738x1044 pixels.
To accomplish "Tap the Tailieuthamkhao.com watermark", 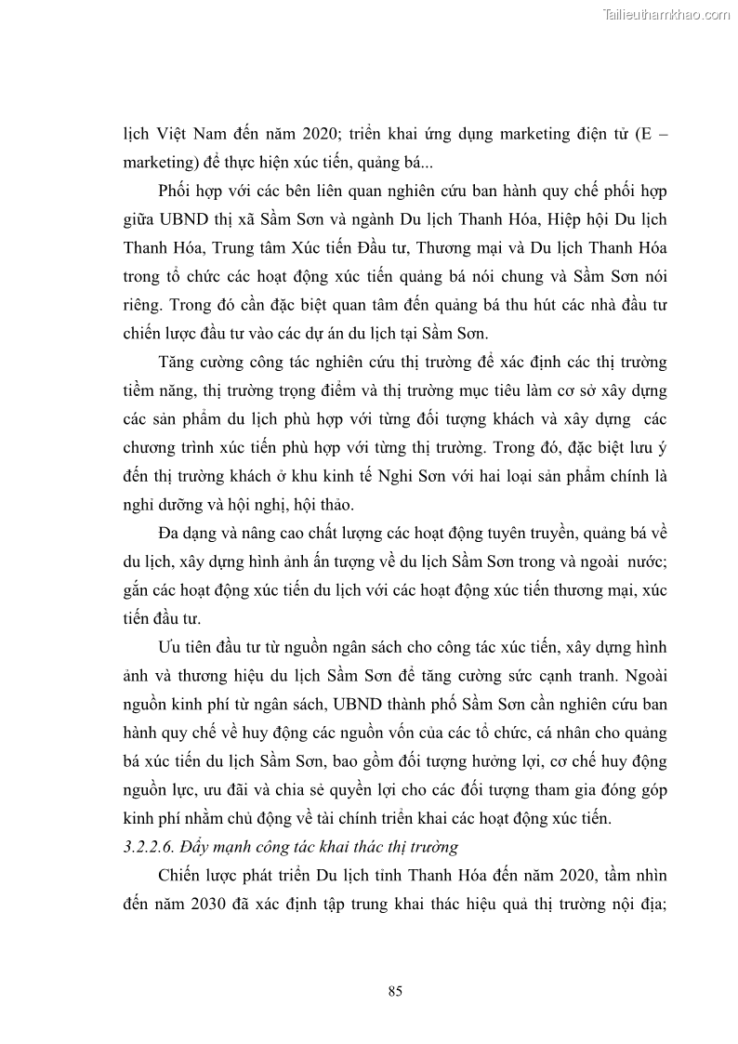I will (x=667, y=14).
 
